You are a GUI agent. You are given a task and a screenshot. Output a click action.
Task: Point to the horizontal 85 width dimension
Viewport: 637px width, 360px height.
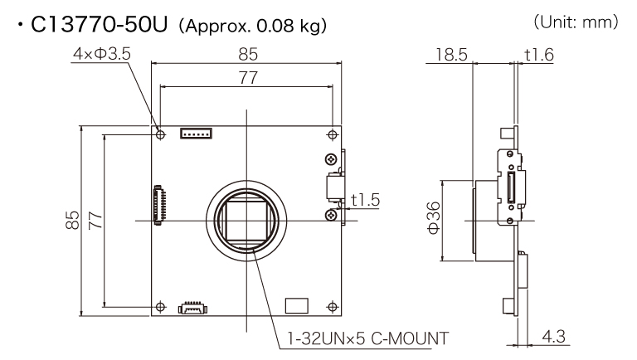click(x=247, y=55)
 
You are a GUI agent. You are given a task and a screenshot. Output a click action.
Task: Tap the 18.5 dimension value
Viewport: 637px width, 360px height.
click(x=449, y=55)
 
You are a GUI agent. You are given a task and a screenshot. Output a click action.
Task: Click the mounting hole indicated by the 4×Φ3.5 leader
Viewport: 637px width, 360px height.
click(x=161, y=134)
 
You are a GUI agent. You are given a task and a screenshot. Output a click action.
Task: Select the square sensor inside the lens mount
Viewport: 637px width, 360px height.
click(x=246, y=219)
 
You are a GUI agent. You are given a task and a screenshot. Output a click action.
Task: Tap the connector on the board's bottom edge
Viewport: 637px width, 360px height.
click(x=192, y=307)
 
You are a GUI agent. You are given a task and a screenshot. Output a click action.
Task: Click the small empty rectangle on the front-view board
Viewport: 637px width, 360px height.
click(x=295, y=304)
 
